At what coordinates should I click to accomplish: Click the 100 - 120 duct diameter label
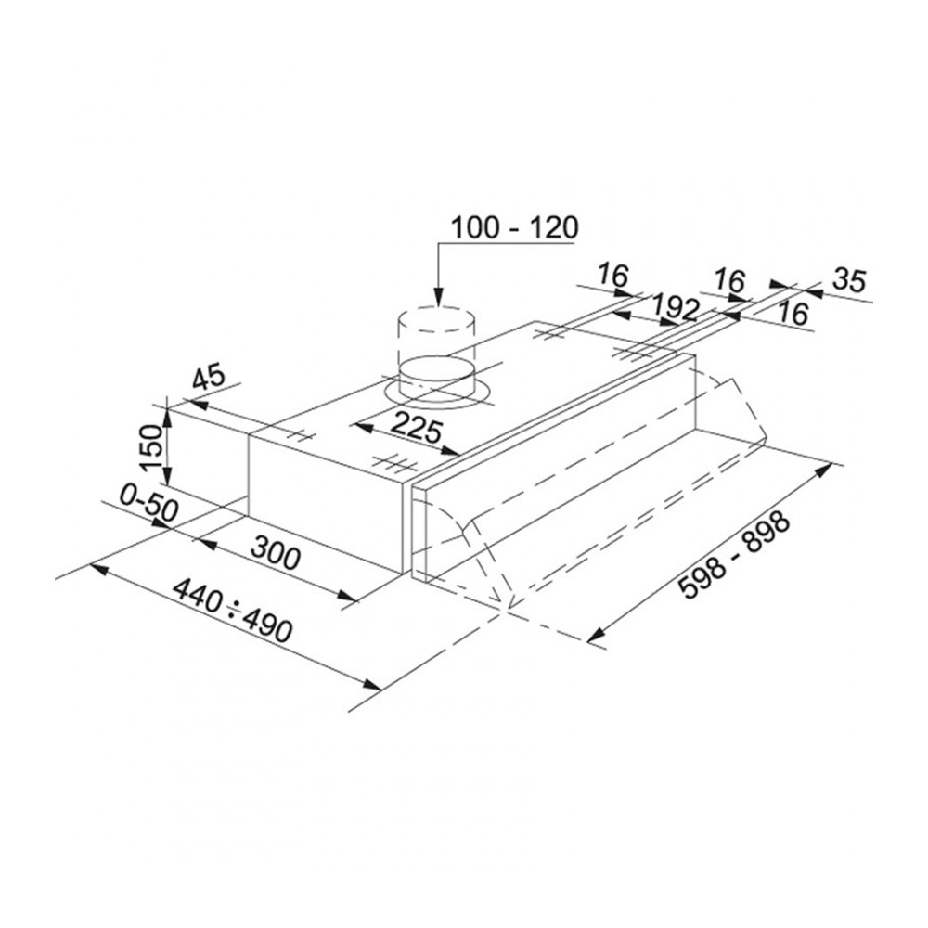[514, 228]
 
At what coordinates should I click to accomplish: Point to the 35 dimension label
[849, 280]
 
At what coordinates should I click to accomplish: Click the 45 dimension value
[208, 378]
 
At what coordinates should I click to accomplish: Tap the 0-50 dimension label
[148, 502]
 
